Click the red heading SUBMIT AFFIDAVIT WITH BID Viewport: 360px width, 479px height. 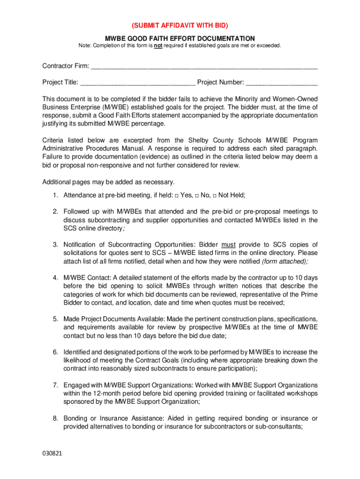180,25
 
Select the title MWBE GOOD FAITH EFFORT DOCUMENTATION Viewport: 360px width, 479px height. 180,38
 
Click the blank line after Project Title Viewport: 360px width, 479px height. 137,83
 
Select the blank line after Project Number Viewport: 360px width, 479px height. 281,83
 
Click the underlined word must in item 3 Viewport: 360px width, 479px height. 228,245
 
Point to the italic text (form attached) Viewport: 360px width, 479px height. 285,261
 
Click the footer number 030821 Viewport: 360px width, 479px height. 52,454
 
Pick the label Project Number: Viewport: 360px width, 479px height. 220,83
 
